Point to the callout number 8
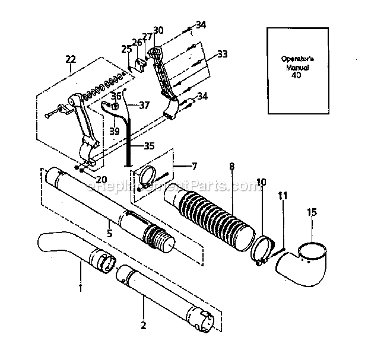point(231,167)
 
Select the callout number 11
point(283,194)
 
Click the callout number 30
point(158,30)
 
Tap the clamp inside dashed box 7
point(148,176)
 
